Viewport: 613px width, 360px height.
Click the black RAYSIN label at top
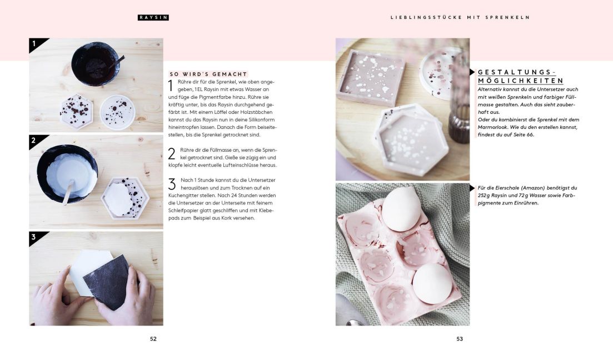[153, 18]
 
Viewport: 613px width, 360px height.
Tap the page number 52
[153, 339]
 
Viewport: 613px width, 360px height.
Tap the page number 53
[460, 339]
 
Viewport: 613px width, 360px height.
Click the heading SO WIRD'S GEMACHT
[208, 74]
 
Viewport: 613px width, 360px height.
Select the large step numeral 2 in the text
[171, 154]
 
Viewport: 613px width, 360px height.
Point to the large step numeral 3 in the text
[172, 184]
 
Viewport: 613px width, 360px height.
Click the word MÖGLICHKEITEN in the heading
[520, 81]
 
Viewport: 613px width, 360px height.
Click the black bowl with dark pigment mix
[95, 64]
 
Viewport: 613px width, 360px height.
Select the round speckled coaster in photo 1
[117, 112]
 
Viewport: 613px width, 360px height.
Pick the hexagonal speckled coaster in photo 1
[77, 112]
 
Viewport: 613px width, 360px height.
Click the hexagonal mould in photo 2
[125, 198]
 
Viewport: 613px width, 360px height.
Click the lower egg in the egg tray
[432, 283]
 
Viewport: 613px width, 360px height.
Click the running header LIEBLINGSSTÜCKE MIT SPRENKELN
[460, 18]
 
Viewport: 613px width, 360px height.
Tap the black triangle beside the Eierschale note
[472, 188]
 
